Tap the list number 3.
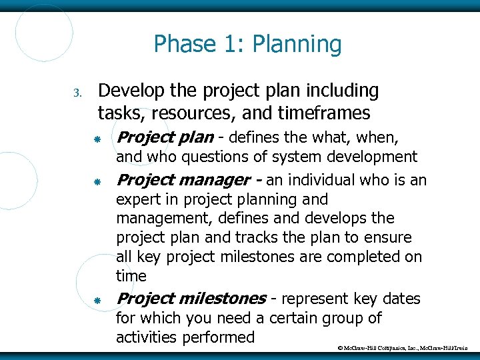(77, 92)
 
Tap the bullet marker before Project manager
(97, 181)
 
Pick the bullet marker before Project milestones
(97, 301)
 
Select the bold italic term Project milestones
(191, 299)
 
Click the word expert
(137, 199)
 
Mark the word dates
(399, 299)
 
